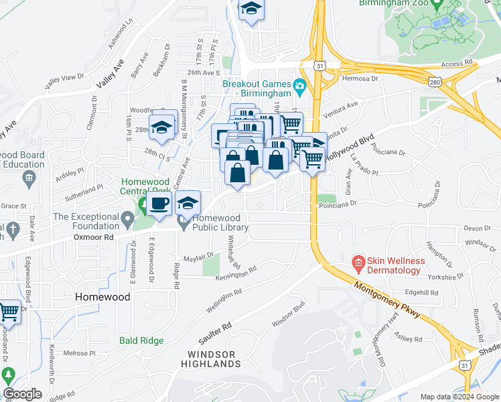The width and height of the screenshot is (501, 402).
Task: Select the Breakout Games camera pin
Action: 299,84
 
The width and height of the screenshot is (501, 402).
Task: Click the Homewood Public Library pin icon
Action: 183,220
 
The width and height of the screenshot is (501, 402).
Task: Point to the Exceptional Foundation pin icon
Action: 127,218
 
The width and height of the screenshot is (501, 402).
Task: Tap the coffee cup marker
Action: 159,203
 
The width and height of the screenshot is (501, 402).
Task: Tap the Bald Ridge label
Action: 141,340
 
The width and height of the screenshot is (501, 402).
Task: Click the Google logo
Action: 23,394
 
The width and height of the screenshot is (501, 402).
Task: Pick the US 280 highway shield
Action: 435,81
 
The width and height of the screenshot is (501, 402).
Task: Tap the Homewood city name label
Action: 102,296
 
